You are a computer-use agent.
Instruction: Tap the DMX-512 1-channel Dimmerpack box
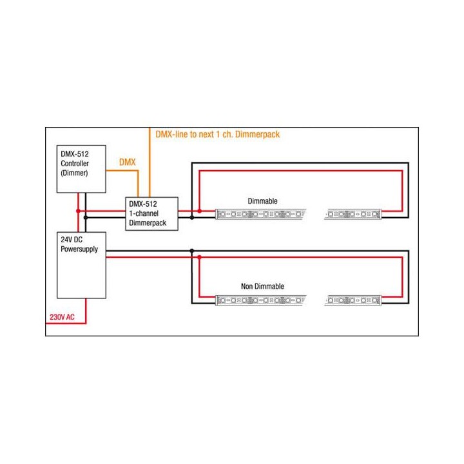pyautogui.click(x=151, y=213)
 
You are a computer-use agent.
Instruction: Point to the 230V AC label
pyautogui.click(x=63, y=317)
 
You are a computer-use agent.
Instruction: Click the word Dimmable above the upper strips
pyautogui.click(x=262, y=201)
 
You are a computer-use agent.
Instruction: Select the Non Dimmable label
pyautogui.click(x=262, y=286)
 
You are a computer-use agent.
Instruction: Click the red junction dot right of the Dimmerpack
pyautogui.click(x=200, y=211)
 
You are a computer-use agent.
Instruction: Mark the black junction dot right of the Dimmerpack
pyautogui.click(x=191, y=217)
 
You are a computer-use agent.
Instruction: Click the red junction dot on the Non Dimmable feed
pyautogui.click(x=200, y=257)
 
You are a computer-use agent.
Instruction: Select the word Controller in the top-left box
pyautogui.click(x=75, y=164)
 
